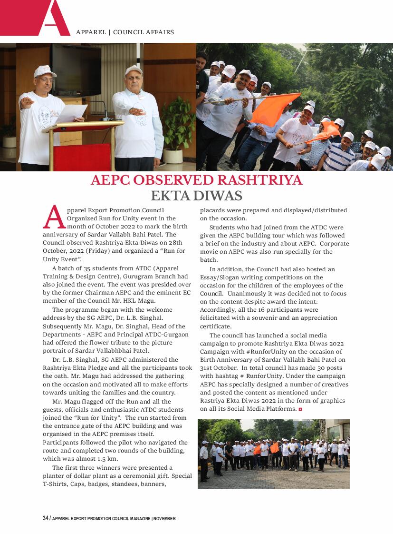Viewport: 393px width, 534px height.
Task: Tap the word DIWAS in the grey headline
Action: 220,196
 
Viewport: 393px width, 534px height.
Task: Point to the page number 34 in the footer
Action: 46,518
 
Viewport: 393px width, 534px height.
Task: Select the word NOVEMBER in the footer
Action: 165,518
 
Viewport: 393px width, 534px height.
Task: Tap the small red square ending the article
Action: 300,409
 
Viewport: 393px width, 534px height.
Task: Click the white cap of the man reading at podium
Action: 44,71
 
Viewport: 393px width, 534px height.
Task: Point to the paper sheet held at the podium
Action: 70,114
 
